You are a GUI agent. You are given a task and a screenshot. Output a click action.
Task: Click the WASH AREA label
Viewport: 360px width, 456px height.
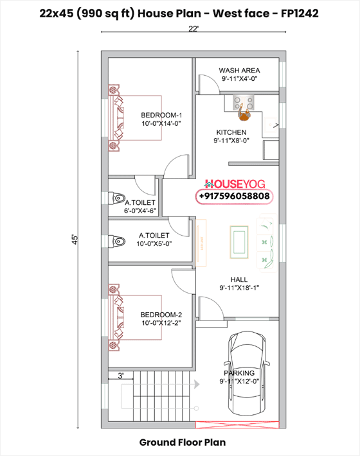[239, 70]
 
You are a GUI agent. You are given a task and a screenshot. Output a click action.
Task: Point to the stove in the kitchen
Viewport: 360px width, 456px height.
[243, 101]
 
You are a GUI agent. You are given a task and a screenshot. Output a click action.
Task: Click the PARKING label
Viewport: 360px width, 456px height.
[239, 373]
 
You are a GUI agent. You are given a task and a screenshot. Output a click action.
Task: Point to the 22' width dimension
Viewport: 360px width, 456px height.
[193, 29]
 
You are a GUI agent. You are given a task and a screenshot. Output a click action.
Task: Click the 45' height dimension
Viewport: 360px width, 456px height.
[75, 240]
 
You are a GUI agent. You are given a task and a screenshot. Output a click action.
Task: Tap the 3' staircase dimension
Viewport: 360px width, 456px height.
[120, 375]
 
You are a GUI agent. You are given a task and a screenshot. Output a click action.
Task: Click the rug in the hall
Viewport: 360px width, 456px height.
[239, 241]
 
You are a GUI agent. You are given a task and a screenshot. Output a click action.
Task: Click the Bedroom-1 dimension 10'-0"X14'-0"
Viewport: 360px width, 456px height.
[161, 123]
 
